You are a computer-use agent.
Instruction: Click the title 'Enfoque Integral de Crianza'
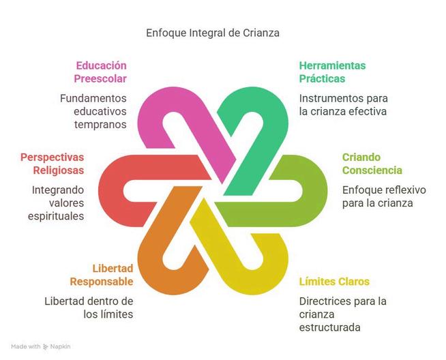(213, 32)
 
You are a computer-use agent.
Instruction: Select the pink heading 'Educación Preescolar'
(101, 72)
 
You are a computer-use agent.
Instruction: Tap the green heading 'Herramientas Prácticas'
(332, 72)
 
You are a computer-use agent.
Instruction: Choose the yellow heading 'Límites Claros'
(334, 282)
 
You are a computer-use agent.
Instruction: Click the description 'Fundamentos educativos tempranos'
(93, 111)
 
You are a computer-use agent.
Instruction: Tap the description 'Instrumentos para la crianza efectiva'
(343, 104)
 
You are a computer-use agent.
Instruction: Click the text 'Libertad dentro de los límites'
(89, 307)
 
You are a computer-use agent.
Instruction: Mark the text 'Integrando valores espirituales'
(58, 202)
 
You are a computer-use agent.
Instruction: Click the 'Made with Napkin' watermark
(41, 347)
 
